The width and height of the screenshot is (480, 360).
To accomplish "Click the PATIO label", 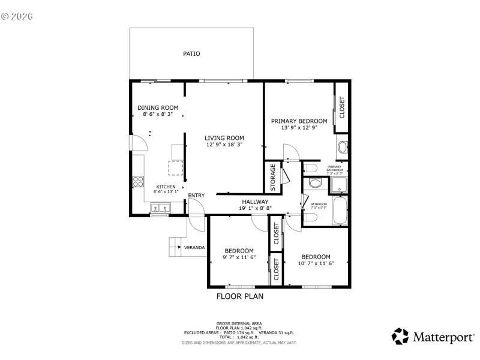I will click(191, 54).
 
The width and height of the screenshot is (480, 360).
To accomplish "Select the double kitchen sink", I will click(160, 209).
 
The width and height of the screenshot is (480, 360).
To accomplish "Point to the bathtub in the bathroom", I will click(340, 212).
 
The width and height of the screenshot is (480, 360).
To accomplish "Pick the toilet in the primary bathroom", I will click(310, 167).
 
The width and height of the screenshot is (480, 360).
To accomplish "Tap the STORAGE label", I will click(273, 179).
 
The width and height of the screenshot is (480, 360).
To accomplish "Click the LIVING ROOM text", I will click(224, 138).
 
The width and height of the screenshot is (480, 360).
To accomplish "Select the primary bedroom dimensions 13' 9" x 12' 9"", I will click(299, 127).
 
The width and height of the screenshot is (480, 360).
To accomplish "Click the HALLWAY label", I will click(255, 202).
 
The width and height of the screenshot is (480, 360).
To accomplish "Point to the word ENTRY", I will click(196, 196).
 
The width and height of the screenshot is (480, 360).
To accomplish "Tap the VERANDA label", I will click(194, 247).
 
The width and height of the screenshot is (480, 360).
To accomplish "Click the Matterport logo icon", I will click(400, 336).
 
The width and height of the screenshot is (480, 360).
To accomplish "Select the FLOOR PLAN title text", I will click(239, 296).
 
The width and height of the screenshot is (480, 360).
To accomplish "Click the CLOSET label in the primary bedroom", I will click(342, 107).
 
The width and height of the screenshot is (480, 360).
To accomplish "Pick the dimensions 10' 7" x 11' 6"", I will click(316, 263).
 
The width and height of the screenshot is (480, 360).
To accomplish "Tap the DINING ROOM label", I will click(158, 107).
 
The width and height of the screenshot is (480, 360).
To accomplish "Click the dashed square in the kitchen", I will click(175, 170).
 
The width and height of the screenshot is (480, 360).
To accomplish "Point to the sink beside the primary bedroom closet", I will click(342, 147).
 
